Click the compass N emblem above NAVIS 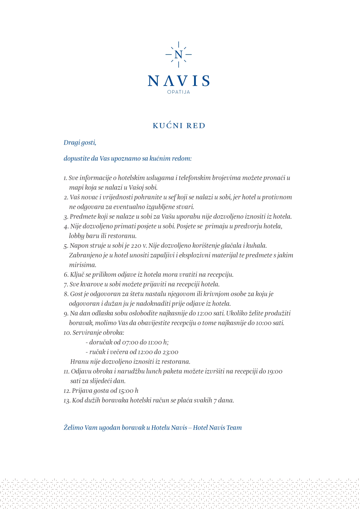coord(178,55)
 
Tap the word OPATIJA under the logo coord(179,92)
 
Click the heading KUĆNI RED coord(179,126)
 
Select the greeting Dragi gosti coord(80,142)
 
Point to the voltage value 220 coord(136,246)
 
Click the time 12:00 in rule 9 coord(205,313)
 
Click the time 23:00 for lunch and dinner coord(170,352)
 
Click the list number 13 coord(67,401)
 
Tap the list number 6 coord(66,275)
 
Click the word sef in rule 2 coord(172,197)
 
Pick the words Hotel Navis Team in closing coord(217,428)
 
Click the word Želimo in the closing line coord(73,428)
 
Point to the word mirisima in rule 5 coord(82,265)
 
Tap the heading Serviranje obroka coord(98,333)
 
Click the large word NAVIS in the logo coord(179,81)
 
